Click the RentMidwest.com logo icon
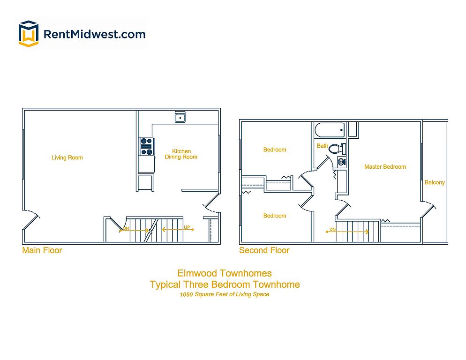click(x=28, y=33)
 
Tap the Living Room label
click(x=67, y=157)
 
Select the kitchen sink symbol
click(x=180, y=117)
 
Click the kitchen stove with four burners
click(x=146, y=146)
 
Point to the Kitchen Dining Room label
click(x=181, y=154)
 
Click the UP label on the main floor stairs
click(x=187, y=227)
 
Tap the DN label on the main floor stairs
click(x=126, y=229)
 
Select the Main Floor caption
click(x=42, y=250)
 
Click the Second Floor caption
click(x=264, y=250)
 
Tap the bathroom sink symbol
click(x=342, y=162)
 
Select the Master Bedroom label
click(x=385, y=167)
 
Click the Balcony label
click(x=435, y=182)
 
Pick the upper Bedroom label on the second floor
click(x=275, y=150)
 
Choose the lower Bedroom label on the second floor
click(x=275, y=216)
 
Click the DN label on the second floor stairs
click(x=332, y=229)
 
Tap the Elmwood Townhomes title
click(x=225, y=273)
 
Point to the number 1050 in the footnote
click(x=187, y=295)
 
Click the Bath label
click(x=323, y=146)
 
